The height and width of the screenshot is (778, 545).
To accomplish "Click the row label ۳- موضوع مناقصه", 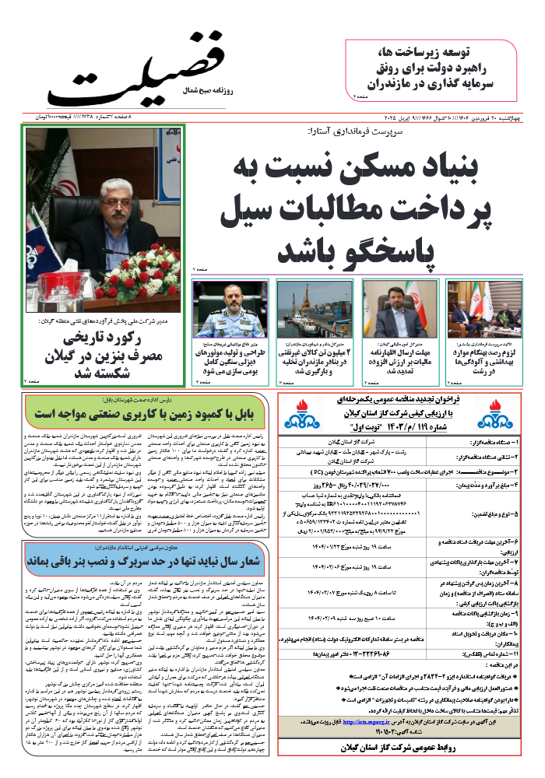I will click(x=488, y=472).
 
